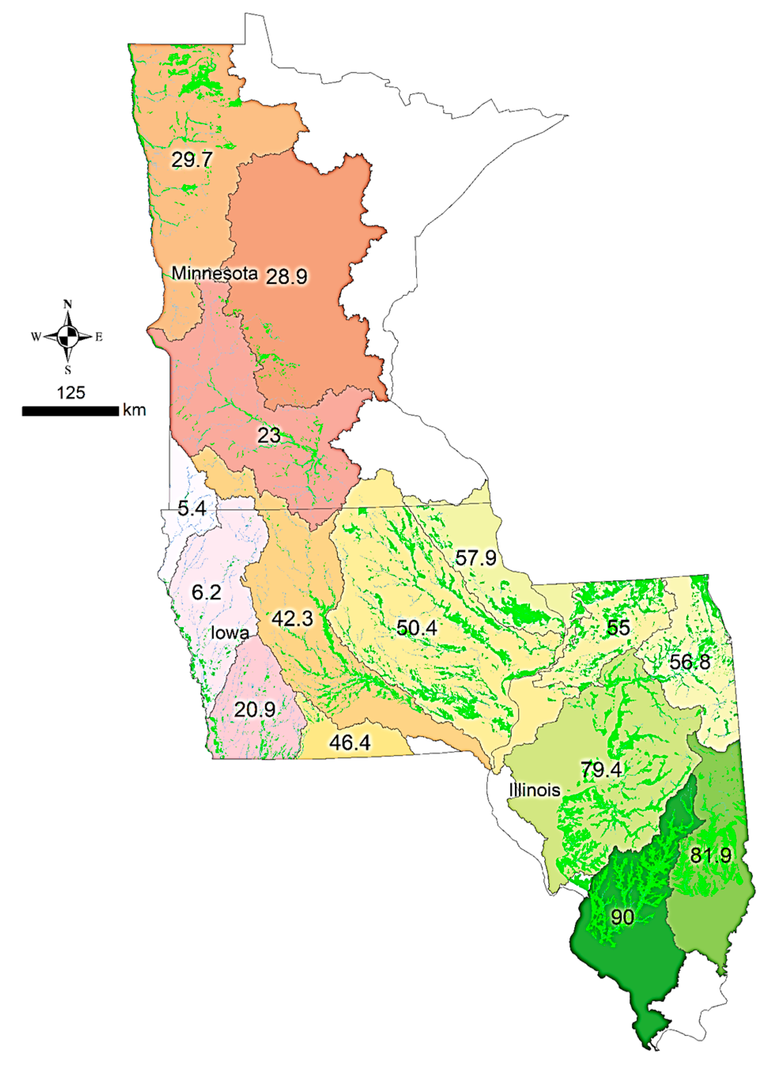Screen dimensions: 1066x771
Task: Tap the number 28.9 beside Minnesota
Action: tap(286, 276)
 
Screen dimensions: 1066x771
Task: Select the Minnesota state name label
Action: tap(214, 273)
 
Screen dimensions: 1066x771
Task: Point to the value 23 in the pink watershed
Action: tap(269, 436)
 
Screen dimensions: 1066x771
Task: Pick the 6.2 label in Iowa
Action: tap(206, 592)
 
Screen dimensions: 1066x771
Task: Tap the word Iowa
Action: tap(229, 633)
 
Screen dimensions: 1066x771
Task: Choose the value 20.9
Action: tap(254, 709)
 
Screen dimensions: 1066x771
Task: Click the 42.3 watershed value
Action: tap(292, 619)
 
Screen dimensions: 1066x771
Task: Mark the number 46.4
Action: tap(350, 743)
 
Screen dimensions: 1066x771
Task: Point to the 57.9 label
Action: tap(475, 558)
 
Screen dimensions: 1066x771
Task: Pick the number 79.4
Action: tap(601, 770)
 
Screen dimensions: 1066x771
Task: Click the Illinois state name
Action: tap(535, 790)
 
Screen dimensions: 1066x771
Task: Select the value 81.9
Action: tap(711, 855)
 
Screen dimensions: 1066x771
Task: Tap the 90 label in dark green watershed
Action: tap(622, 917)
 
